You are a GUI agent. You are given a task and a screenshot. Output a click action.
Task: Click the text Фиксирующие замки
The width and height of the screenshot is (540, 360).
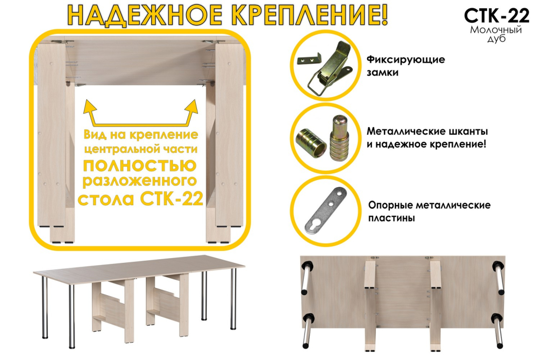[x=405, y=66]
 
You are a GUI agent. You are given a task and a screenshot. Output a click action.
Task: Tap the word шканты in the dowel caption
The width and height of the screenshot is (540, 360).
[x=466, y=131]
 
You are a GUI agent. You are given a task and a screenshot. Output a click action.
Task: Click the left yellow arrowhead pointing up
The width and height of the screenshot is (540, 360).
[x=91, y=107]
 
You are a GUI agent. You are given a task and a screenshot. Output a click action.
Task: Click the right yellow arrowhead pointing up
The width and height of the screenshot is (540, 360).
[x=193, y=107]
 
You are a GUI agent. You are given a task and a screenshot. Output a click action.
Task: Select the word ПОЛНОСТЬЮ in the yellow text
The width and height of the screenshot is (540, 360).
[x=139, y=166]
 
